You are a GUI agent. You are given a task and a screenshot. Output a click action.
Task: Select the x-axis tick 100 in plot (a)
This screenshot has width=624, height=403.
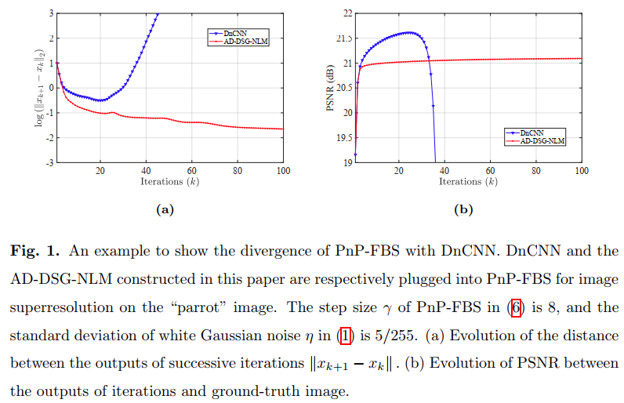[283, 170]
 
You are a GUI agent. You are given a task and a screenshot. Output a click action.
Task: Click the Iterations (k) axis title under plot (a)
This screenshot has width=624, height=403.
[169, 182]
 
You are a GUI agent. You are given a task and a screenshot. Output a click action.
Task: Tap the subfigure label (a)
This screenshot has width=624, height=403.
[165, 209]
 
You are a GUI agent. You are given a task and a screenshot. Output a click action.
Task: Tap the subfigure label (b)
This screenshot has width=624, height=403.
[463, 209]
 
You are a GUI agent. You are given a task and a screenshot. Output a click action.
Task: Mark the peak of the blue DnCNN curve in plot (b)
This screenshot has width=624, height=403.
[409, 32]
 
